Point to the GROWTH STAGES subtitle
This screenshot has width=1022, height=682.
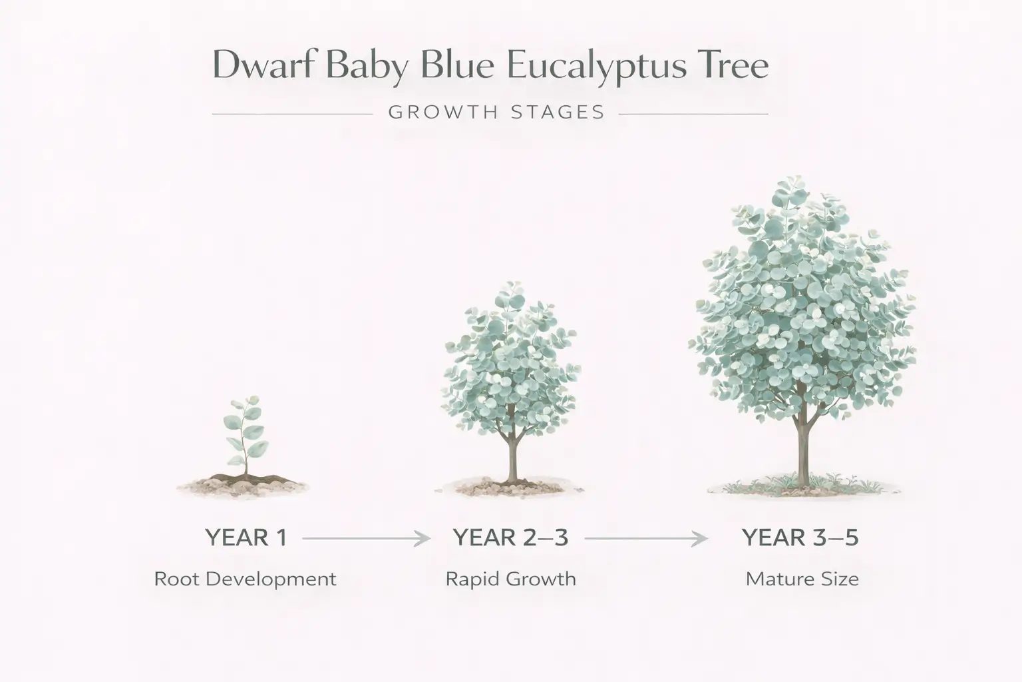click(x=496, y=112)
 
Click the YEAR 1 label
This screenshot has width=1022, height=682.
click(x=246, y=537)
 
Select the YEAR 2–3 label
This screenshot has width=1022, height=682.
click(x=510, y=537)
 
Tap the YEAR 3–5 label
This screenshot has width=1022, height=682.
click(x=800, y=537)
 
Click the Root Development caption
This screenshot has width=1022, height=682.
click(x=245, y=579)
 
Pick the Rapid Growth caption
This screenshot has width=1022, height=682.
click(x=510, y=579)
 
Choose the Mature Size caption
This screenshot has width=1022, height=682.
click(x=802, y=579)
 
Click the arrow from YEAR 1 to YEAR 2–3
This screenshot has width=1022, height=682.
click(x=366, y=538)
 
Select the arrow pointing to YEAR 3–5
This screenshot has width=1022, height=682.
click(x=645, y=538)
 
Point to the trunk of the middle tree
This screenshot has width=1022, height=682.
click(x=512, y=453)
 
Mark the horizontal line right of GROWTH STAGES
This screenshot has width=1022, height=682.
click(x=693, y=115)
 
